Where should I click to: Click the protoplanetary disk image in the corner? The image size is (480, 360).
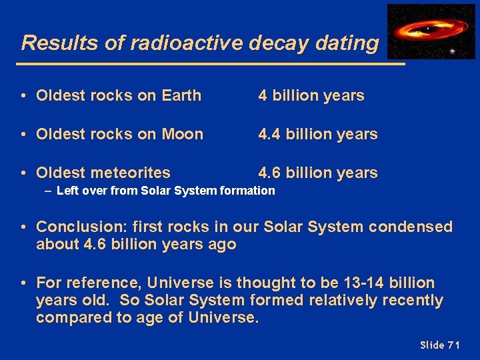431,31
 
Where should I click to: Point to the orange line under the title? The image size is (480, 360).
213,64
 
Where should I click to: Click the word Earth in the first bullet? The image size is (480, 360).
181,95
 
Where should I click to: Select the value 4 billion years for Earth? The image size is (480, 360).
311,95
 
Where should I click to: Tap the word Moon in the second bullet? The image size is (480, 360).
182,134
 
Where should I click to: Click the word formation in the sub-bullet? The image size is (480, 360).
249,191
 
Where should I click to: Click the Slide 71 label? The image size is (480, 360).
440,345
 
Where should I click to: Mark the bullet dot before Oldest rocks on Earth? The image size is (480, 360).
23,95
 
